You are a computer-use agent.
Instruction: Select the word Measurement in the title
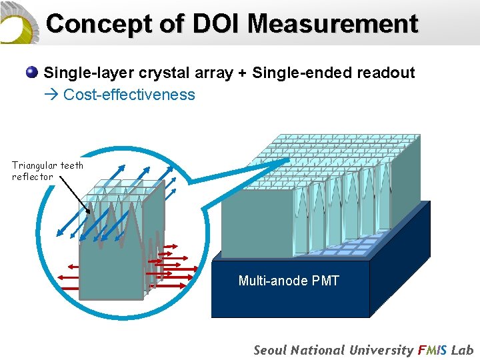[333, 24]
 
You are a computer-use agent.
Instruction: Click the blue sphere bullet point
[32, 73]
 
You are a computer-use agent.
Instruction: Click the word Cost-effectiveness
[129, 95]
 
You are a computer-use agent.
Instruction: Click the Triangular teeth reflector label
[47, 171]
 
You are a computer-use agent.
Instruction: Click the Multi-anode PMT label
[289, 281]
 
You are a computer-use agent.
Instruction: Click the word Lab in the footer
[462, 350]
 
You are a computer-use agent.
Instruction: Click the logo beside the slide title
[19, 23]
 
